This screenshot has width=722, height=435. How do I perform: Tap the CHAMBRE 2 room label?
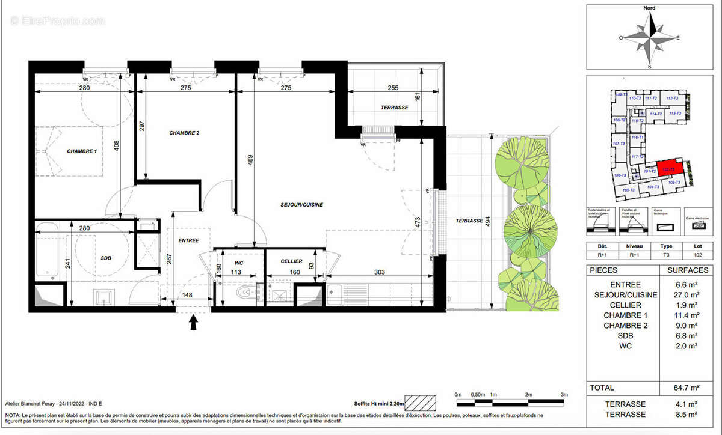pos(184,133)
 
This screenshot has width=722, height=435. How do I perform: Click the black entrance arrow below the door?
pos(194,323)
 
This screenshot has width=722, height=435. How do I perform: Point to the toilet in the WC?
pos(244,292)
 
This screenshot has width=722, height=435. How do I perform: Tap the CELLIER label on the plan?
pos(292,261)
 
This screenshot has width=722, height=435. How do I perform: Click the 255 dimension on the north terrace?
pos(392,88)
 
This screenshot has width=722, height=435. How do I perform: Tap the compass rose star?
pos(649,37)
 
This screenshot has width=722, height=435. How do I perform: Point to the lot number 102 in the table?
pos(697,255)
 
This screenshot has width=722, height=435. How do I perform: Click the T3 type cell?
pos(667,255)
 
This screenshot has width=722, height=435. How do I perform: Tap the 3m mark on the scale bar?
pos(564,394)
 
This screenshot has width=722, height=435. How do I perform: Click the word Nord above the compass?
pos(649,8)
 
